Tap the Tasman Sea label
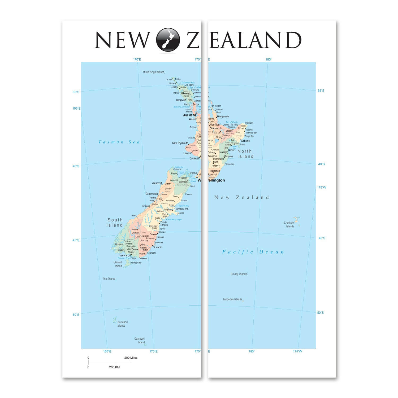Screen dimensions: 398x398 click(119, 142)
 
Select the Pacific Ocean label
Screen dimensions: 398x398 click(253, 252)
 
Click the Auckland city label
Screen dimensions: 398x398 click(189, 115)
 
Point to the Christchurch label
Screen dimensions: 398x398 click(181, 209)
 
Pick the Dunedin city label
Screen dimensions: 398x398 click(157, 247)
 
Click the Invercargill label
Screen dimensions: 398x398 click(125, 256)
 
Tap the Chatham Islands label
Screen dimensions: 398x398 click(289, 224)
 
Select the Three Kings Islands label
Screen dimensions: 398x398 click(153, 72)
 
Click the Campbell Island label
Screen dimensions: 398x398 click(140, 340)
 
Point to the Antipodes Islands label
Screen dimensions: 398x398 click(232, 299)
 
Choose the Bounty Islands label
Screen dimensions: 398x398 click(239, 274)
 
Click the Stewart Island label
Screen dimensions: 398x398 click(118, 264)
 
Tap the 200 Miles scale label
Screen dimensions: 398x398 click(131, 358)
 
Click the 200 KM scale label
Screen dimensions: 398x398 click(114, 367)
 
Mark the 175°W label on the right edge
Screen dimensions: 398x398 click(321, 187)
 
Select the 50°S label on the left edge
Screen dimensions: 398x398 click(76, 315)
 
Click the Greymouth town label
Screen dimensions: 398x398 click(152, 194)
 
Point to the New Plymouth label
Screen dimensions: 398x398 click(180, 143)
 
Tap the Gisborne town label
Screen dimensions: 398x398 click(245, 141)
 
